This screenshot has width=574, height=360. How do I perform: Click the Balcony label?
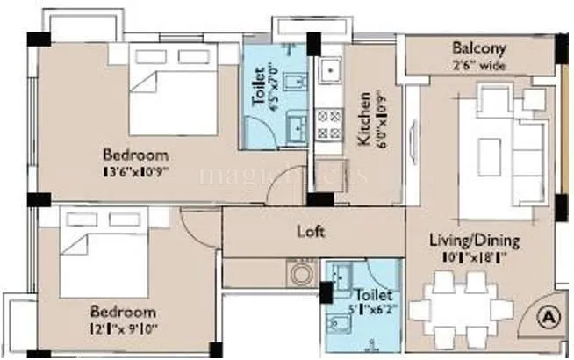(477, 47)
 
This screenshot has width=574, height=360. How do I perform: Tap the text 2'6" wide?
(478, 64)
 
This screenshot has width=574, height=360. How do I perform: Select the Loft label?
(312, 232)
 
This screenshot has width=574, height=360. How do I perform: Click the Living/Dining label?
(474, 240)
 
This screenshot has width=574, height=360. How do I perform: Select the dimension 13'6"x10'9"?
(133, 171)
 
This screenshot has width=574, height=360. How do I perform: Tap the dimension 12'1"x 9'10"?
(124, 328)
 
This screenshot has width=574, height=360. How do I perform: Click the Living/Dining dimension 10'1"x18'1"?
(474, 257)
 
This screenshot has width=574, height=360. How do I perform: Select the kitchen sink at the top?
(330, 69)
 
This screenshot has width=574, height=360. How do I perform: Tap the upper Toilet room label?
(260, 92)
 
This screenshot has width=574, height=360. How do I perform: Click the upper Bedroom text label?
(133, 155)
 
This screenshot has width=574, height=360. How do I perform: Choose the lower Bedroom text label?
(124, 312)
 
